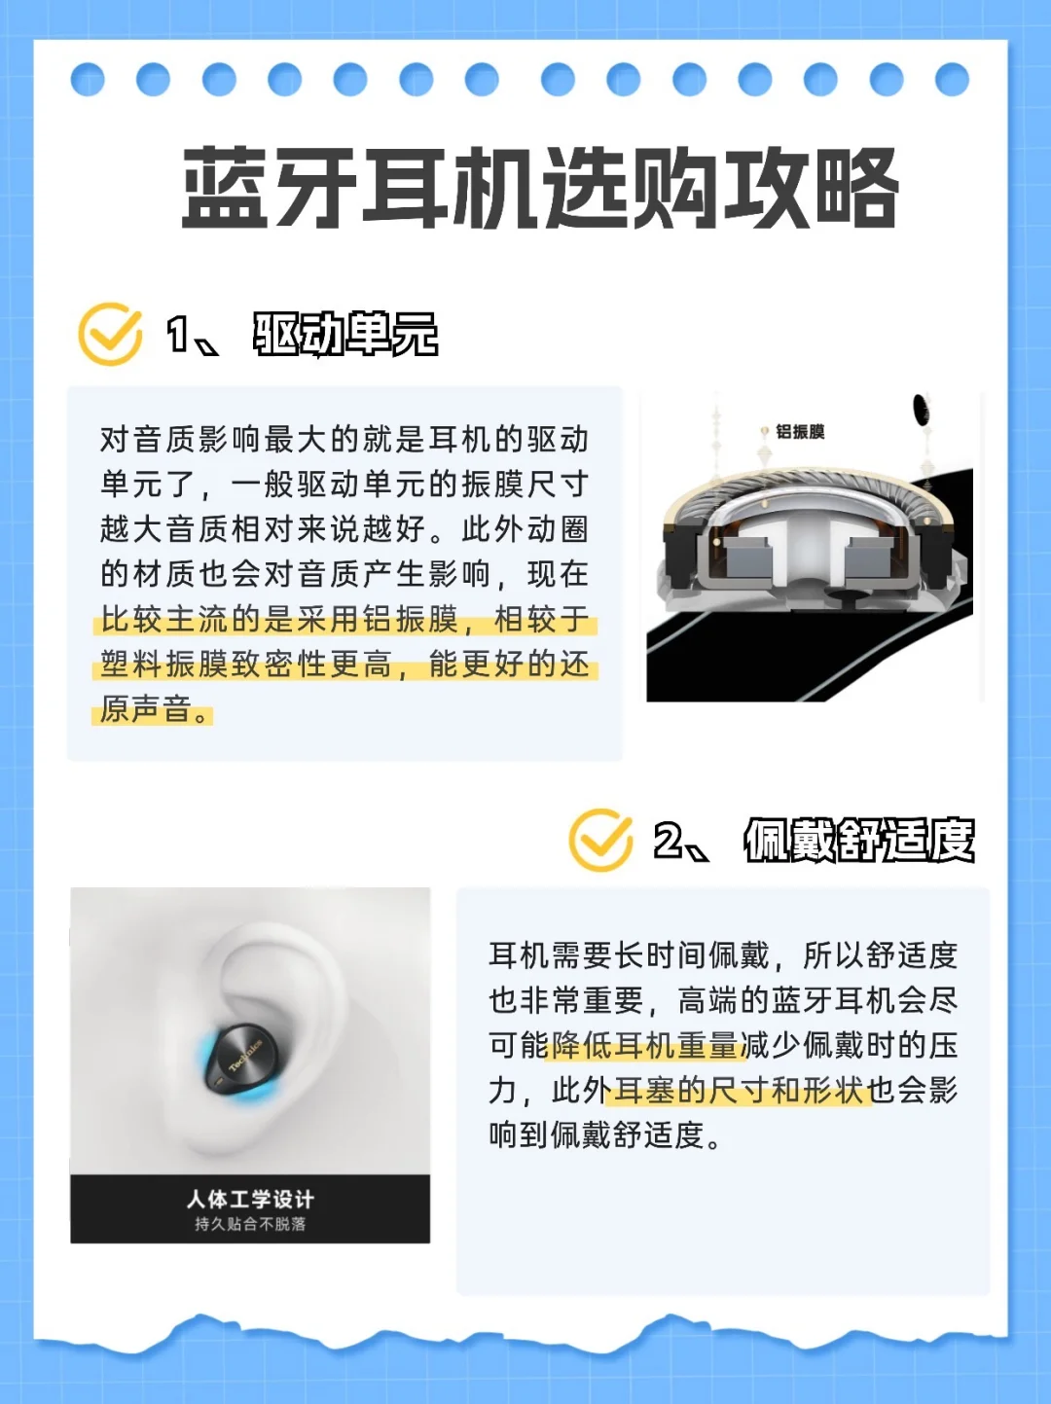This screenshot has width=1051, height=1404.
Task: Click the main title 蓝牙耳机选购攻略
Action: [x=540, y=188]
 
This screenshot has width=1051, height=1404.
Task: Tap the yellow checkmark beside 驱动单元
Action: [x=111, y=334]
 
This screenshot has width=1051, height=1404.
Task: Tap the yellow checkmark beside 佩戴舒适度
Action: [x=601, y=840]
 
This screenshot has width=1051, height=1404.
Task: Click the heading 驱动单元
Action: [x=345, y=334]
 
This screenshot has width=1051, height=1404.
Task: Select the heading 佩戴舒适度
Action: [x=859, y=840]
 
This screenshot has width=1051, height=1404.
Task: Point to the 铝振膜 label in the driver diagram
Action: [x=800, y=432]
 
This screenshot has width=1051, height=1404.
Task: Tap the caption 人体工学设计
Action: [x=250, y=1199]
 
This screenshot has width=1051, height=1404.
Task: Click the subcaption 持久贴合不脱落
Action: [x=250, y=1224]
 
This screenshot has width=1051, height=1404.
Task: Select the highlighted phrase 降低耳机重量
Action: [x=645, y=1046]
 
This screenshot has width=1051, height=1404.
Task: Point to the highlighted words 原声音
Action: [x=145, y=709]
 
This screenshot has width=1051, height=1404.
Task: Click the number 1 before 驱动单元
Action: [x=176, y=334]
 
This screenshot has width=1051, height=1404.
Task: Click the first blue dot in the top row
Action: [x=88, y=80]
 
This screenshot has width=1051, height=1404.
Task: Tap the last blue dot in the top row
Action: [x=952, y=80]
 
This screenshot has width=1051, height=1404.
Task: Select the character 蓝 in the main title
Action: [x=225, y=188]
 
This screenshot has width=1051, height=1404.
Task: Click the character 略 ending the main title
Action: [x=857, y=188]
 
